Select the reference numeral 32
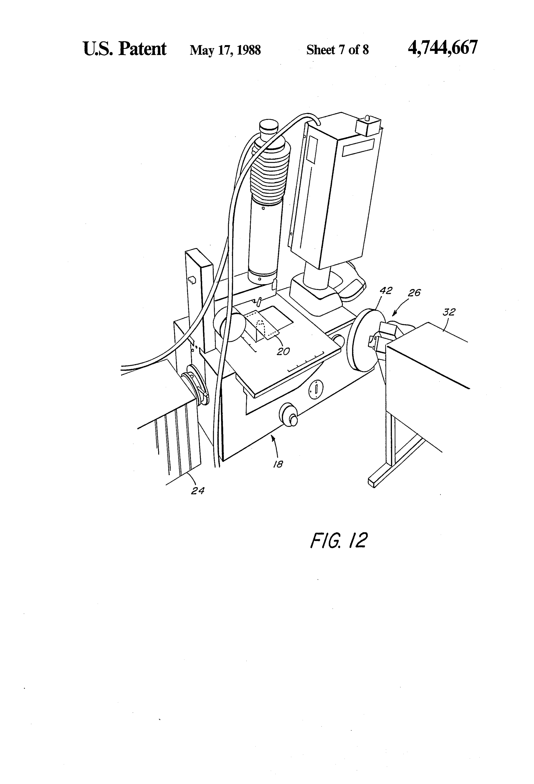tap(449, 312)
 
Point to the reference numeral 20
tap(283, 352)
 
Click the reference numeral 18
tap(278, 464)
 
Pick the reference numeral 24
tap(197, 491)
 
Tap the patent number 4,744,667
tap(443, 48)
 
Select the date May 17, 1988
tap(225, 50)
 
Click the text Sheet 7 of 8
tap(337, 50)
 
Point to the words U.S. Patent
tap(125, 49)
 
